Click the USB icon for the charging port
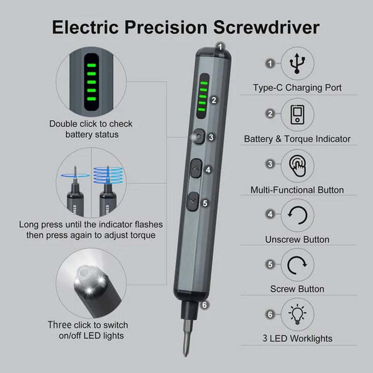click(297, 63)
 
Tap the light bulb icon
click(297, 314)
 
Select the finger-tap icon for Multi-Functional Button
click(297, 166)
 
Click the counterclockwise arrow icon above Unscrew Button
click(297, 215)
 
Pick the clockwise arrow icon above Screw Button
click(297, 265)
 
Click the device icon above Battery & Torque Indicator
click(297, 114)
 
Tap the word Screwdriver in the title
click(266, 27)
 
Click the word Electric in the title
click(85, 27)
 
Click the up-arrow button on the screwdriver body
click(196, 168)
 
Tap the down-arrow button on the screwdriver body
click(193, 201)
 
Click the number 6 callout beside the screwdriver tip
click(205, 305)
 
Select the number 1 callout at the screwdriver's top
click(220, 47)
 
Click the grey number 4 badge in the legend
click(270, 214)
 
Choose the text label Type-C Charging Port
click(297, 88)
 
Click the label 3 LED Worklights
click(297, 338)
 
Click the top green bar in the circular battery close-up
click(91, 65)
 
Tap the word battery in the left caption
click(79, 134)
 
